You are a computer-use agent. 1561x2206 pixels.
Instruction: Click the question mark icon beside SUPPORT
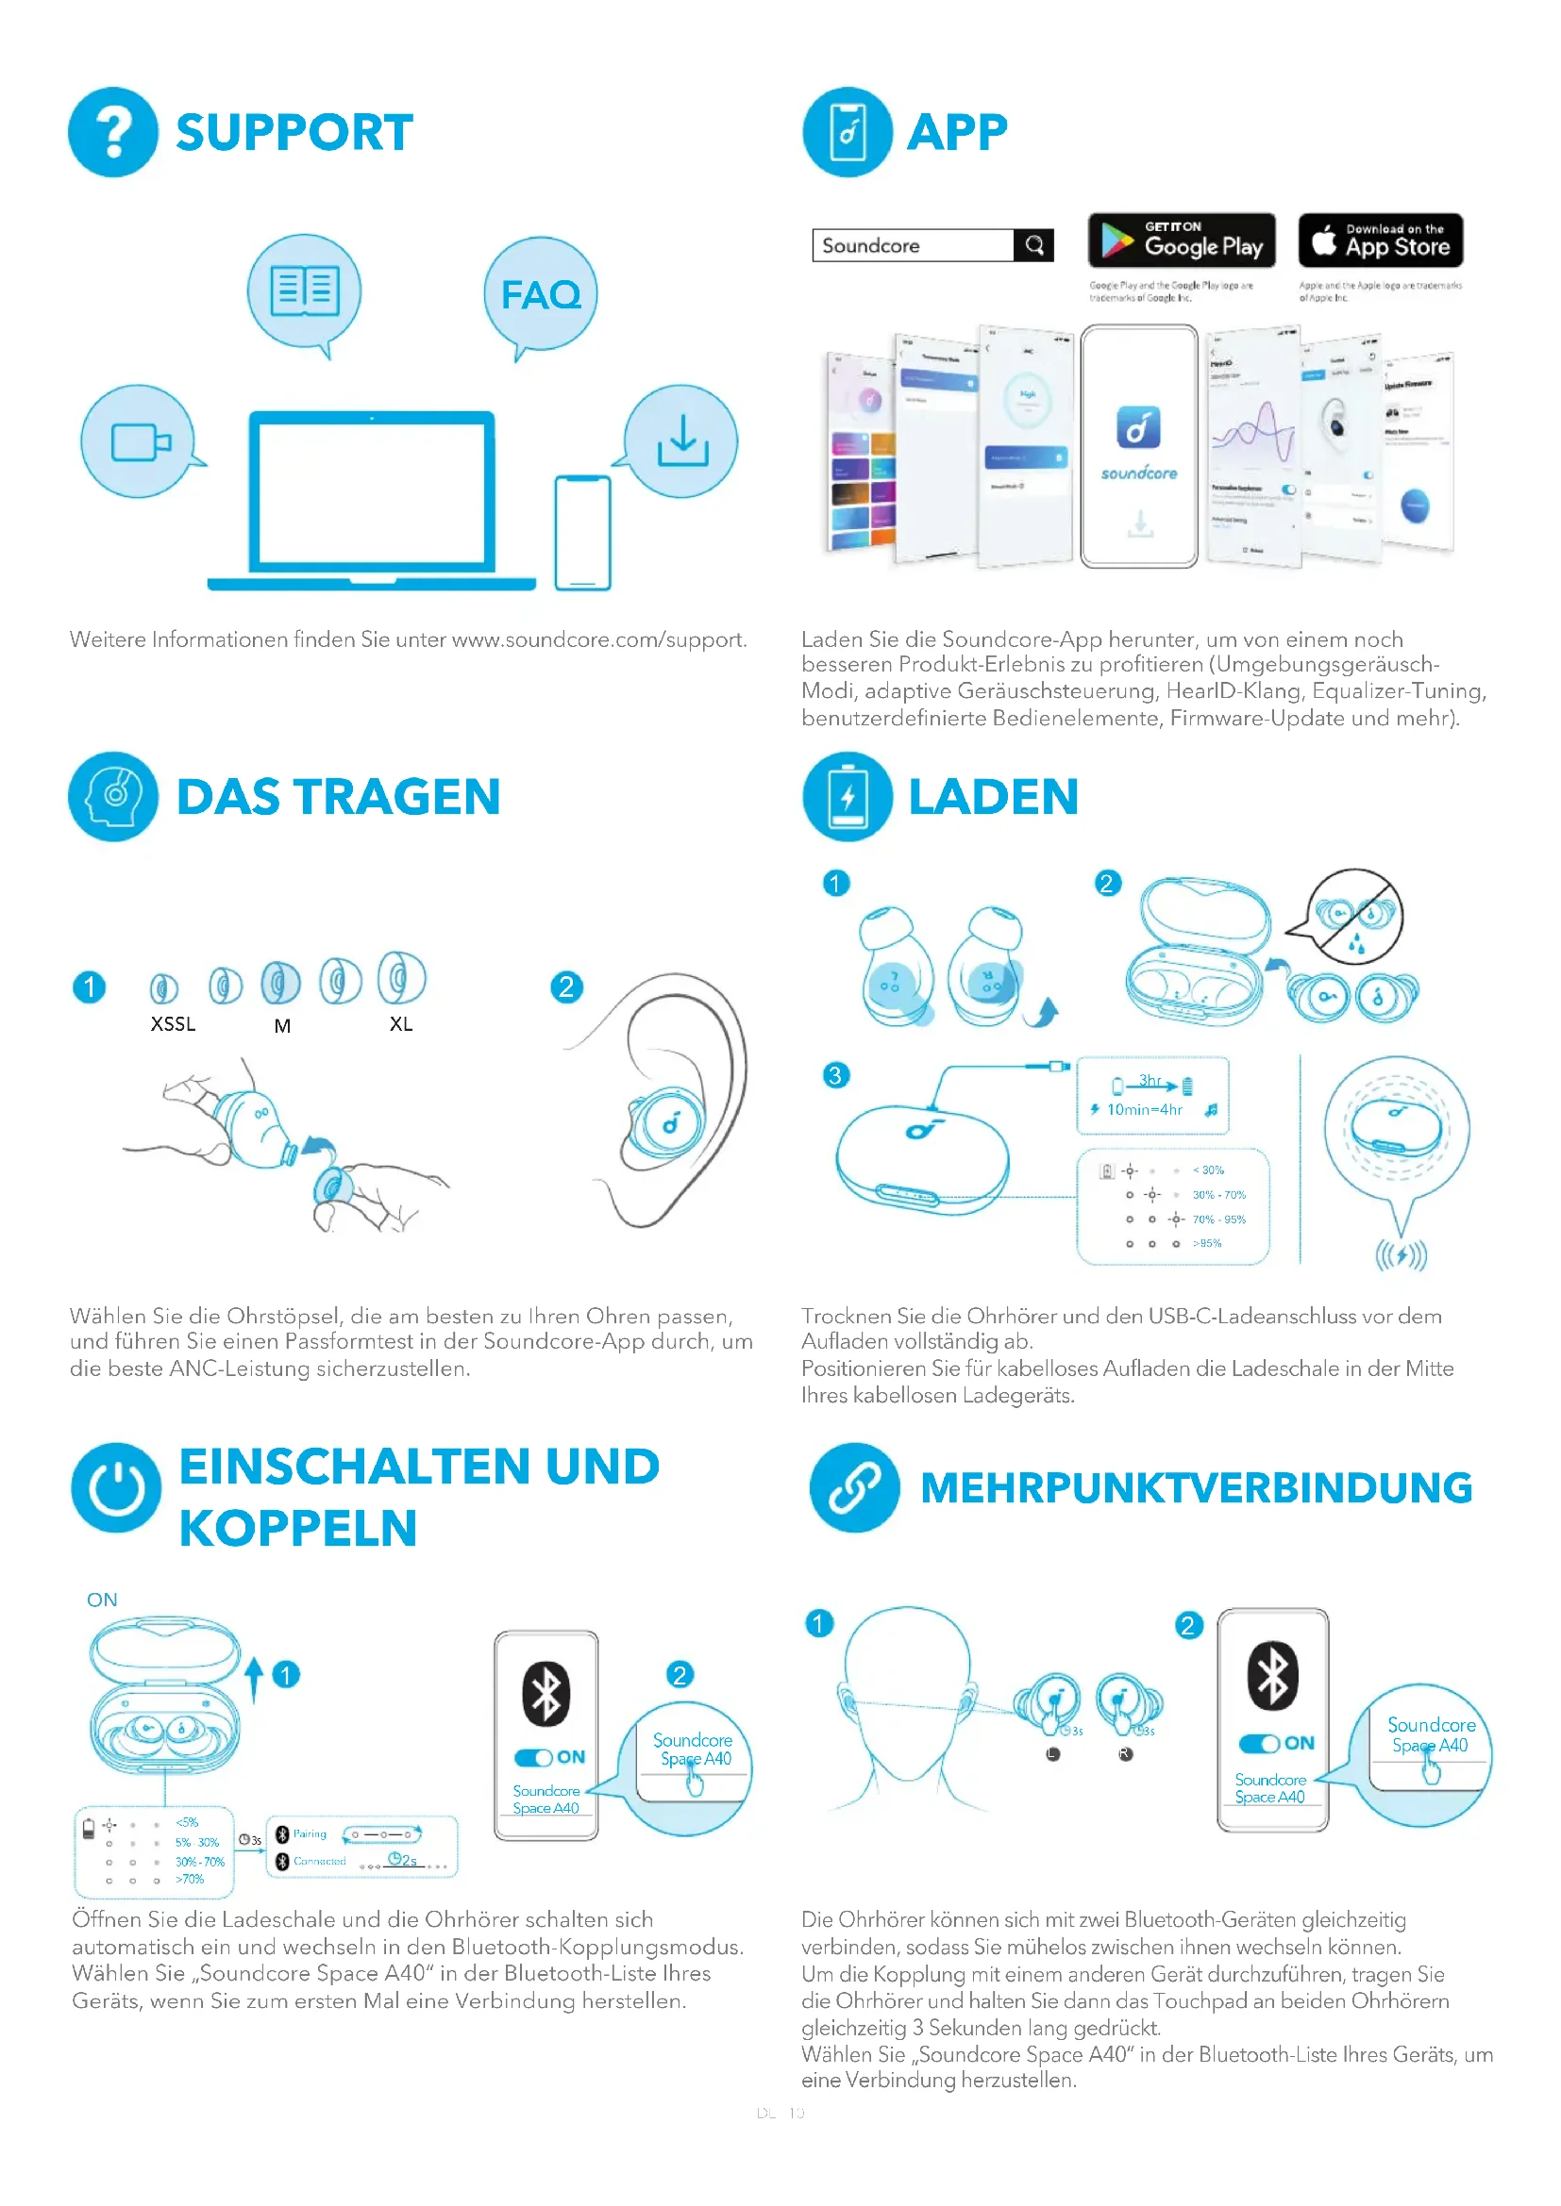click(112, 133)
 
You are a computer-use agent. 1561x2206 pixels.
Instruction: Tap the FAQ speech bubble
click(540, 294)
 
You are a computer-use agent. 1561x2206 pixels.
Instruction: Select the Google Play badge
click(1182, 241)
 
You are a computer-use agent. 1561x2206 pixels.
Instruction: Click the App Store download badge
click(1381, 241)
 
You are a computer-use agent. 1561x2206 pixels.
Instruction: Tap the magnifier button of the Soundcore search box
click(1034, 246)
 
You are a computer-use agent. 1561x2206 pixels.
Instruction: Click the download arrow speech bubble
click(682, 441)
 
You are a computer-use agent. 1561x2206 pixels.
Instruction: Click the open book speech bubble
click(305, 291)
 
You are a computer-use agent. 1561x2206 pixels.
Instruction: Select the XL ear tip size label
click(401, 1024)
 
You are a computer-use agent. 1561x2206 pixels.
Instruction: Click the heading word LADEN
click(993, 798)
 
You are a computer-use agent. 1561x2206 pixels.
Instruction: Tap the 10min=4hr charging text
click(1144, 1110)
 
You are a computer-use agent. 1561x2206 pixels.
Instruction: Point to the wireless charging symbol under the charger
click(1401, 1254)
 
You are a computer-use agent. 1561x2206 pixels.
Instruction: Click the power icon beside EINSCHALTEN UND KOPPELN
click(116, 1488)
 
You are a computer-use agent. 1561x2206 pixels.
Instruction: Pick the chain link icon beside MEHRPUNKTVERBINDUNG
click(853, 1488)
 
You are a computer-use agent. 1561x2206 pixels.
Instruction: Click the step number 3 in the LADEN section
click(835, 1075)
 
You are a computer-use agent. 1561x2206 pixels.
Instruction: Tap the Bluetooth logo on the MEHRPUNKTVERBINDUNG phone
click(1272, 1676)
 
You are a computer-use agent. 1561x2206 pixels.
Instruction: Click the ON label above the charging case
click(102, 1601)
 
